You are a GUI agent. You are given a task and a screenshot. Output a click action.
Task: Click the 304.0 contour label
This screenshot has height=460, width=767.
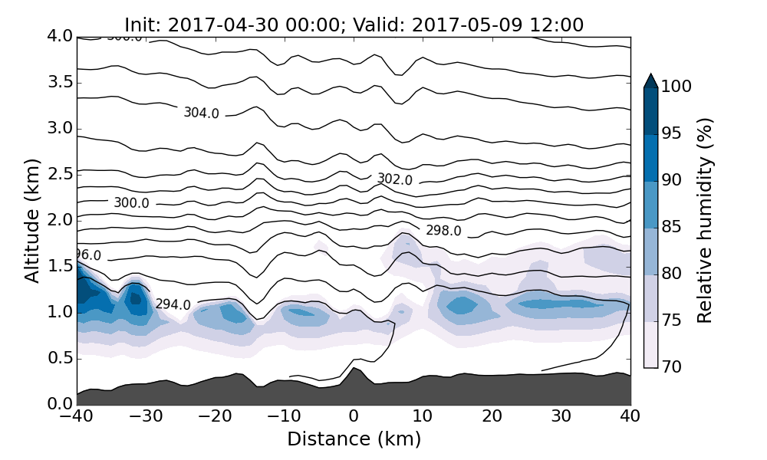click(x=201, y=113)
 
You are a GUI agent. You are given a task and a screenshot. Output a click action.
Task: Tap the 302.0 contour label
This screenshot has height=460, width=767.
click(x=394, y=179)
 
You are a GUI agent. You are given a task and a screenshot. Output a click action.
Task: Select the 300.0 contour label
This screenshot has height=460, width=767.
click(x=131, y=203)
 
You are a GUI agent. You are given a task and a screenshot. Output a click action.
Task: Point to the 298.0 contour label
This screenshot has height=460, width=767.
click(x=443, y=230)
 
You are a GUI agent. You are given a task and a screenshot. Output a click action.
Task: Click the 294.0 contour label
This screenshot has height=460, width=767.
click(x=173, y=304)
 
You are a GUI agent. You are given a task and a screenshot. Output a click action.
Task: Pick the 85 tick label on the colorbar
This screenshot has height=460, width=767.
click(x=672, y=228)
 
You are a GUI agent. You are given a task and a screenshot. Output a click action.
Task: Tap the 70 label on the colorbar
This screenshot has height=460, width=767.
click(x=672, y=367)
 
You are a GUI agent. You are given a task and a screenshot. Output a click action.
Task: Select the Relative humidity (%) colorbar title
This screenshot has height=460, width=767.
click(x=706, y=221)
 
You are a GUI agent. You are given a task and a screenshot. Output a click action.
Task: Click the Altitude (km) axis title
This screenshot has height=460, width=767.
click(x=32, y=221)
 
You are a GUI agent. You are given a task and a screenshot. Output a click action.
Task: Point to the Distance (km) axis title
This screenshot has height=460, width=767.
click(x=354, y=439)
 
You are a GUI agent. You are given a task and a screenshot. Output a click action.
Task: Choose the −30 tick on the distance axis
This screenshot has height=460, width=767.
click(x=146, y=416)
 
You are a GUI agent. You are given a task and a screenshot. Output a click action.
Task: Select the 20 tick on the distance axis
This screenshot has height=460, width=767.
click(x=492, y=416)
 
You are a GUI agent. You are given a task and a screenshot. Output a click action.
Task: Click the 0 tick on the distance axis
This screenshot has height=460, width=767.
click(x=354, y=416)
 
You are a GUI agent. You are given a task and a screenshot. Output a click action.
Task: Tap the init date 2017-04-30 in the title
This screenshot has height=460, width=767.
click(x=215, y=25)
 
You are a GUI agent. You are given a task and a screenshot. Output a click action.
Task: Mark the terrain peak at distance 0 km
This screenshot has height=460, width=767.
click(x=354, y=369)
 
